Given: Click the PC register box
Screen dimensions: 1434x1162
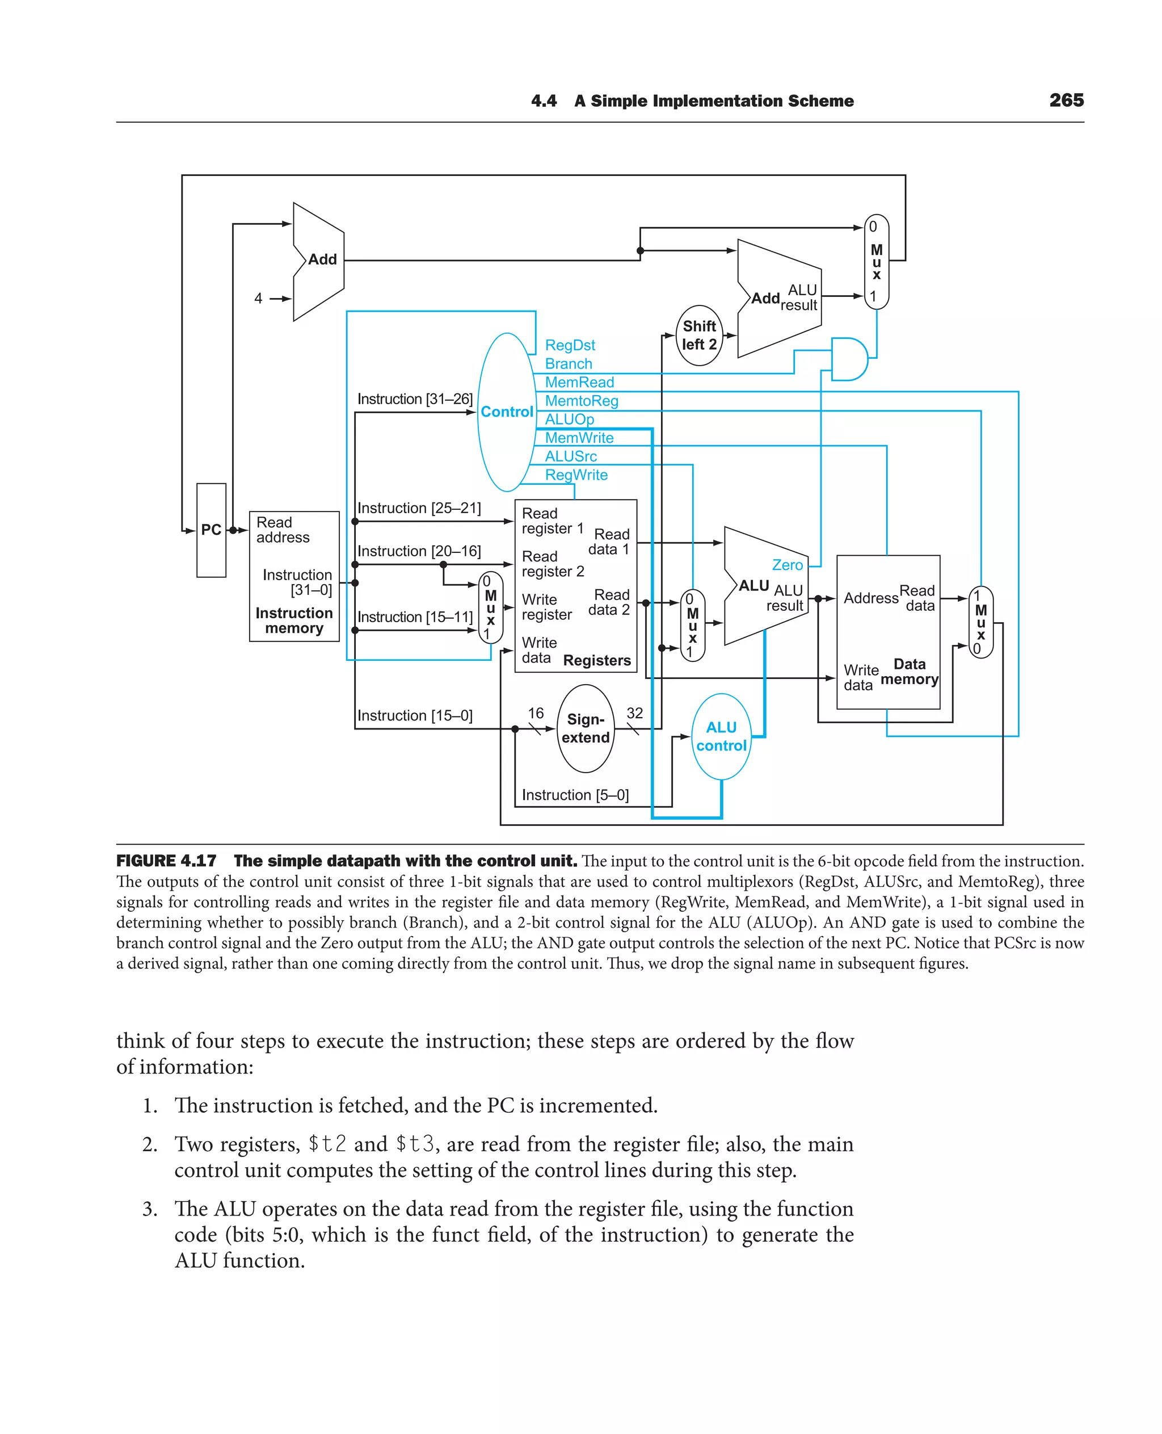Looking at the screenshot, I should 211,530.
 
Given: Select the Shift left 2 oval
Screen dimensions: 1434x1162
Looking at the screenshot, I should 699,335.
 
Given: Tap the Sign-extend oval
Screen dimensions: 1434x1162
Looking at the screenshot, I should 585,728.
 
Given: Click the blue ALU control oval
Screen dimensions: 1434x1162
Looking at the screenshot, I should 721,736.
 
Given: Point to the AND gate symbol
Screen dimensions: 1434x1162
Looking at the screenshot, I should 848,359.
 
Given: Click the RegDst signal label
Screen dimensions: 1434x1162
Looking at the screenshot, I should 570,345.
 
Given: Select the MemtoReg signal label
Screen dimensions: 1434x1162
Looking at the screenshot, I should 581,401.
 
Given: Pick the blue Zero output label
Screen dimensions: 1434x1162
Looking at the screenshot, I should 787,565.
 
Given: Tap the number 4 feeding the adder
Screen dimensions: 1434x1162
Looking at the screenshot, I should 258,299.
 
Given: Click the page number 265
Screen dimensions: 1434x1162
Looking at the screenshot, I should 1066,100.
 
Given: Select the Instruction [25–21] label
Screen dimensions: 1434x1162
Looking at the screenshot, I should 419,508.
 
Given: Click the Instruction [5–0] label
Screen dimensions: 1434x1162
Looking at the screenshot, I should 575,795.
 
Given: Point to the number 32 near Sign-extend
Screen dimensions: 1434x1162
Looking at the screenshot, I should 634,714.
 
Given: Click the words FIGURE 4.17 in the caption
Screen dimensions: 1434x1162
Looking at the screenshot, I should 166,861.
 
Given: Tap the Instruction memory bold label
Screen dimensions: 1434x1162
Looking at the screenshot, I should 294,620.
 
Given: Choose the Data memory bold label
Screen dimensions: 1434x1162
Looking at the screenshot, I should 909,671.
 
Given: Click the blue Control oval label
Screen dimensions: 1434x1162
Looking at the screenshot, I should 507,412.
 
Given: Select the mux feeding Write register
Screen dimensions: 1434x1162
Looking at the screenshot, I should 491,607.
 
